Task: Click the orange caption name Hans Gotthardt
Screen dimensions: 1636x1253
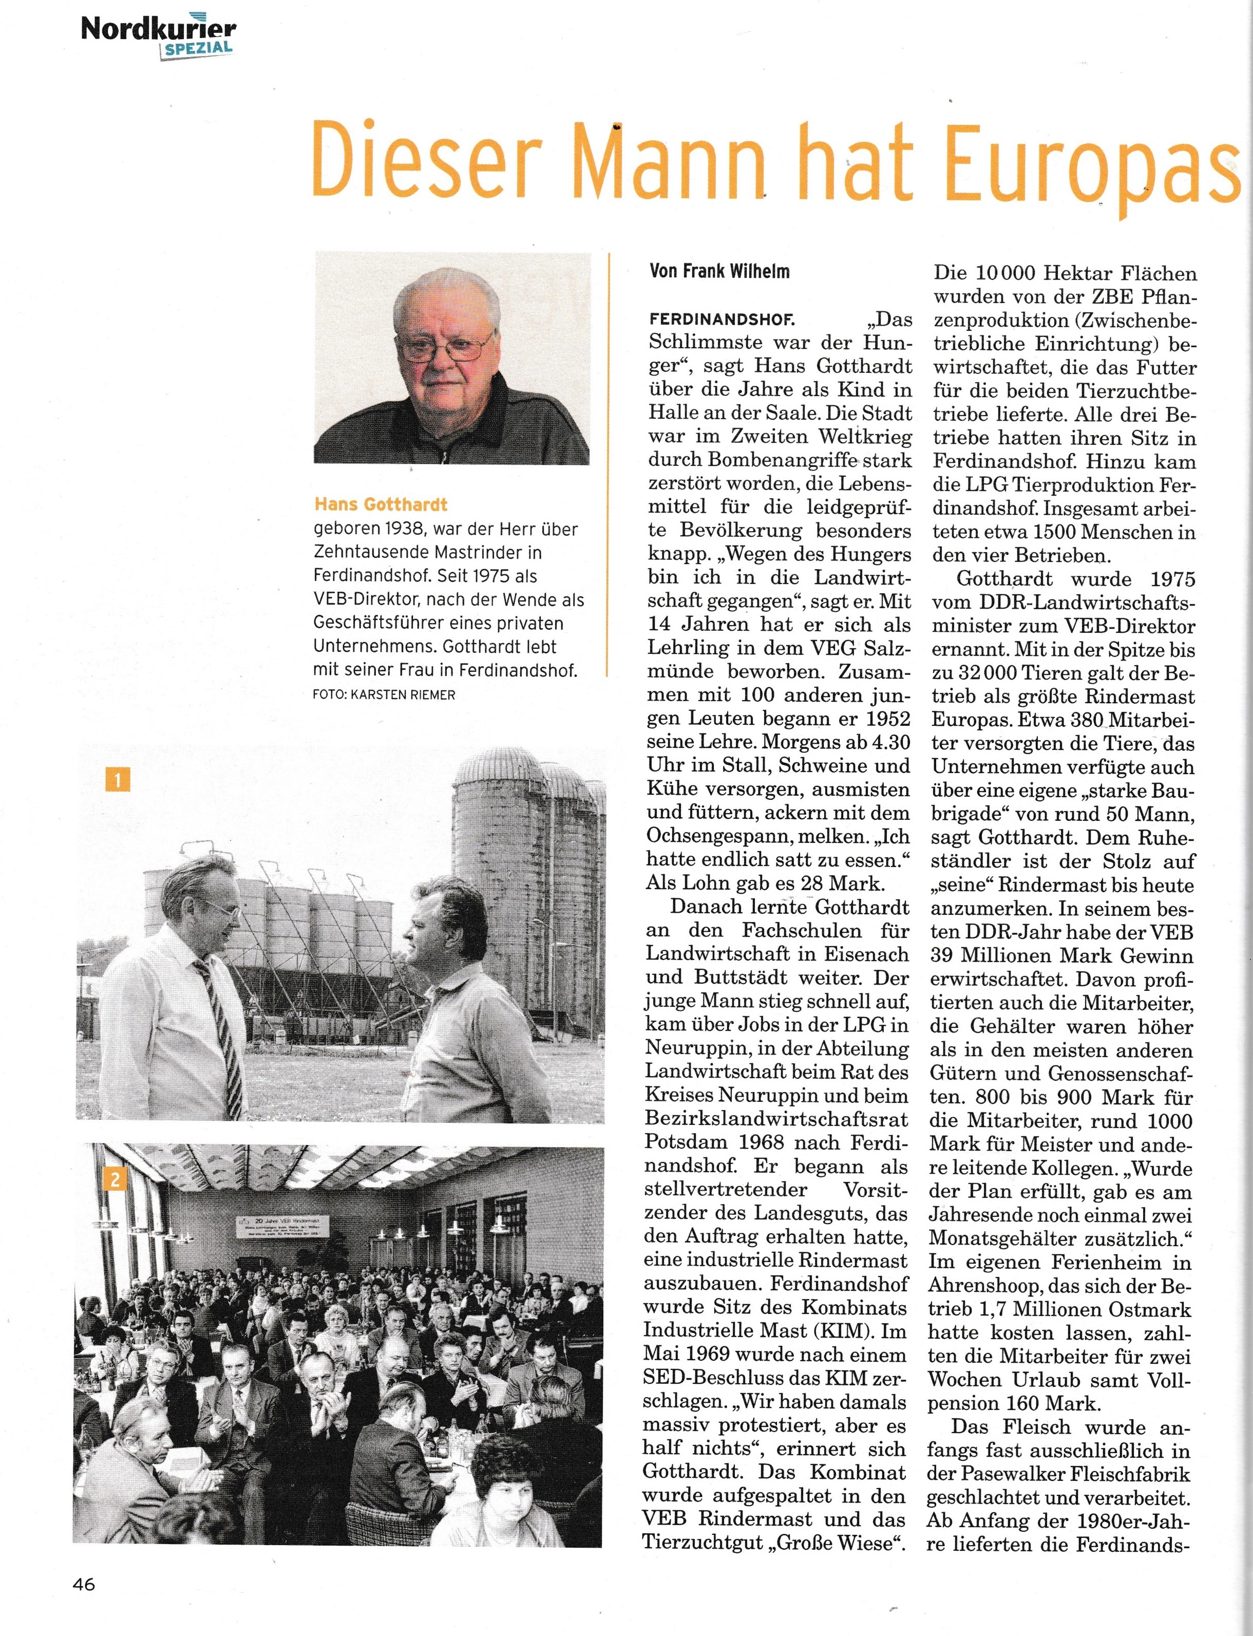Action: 381,505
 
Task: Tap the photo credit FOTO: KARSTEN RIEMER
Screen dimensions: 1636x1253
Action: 384,694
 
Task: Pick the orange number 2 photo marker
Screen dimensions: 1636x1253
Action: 116,1179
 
